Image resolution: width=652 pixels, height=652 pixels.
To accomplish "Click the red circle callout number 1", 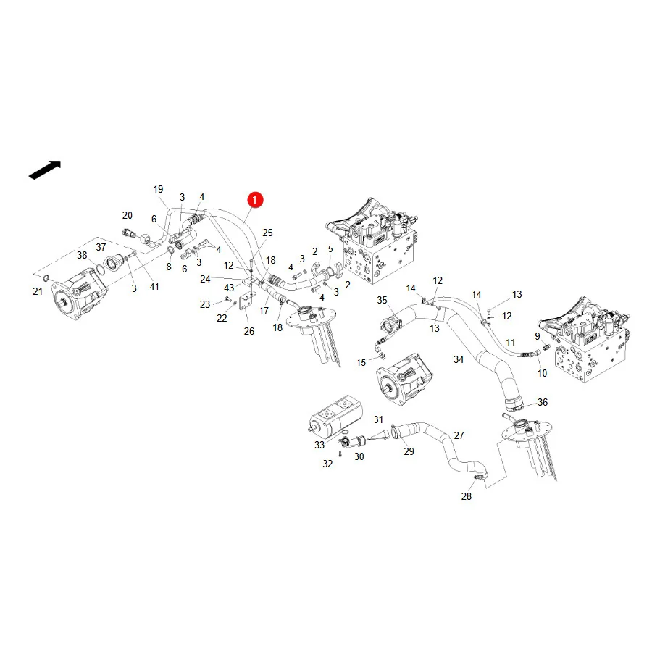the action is (x=255, y=200).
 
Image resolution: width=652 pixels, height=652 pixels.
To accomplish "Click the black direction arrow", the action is (x=45, y=170).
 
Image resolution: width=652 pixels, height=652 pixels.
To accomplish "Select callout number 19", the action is (x=158, y=190).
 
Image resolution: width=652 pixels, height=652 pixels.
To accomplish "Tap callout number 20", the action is (x=128, y=215).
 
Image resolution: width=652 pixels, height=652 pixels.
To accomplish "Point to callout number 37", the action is (x=101, y=247).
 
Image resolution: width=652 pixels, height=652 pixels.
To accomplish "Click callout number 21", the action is (x=38, y=291).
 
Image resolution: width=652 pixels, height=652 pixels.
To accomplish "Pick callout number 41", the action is (x=154, y=286).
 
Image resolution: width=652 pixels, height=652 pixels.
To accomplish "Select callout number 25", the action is (x=267, y=233).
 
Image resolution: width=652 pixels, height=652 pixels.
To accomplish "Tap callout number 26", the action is (x=249, y=331).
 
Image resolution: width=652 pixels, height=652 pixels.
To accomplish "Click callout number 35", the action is (x=382, y=300).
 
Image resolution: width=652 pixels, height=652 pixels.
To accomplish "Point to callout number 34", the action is (x=459, y=359).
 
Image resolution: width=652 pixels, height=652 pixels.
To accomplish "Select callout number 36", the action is (x=542, y=402).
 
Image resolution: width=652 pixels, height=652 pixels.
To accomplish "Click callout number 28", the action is (x=466, y=496).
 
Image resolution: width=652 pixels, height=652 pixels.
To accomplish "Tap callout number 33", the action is (x=319, y=445).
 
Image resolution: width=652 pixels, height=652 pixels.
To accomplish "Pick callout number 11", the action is (x=510, y=342).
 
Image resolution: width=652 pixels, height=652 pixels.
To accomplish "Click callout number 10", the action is (x=542, y=373).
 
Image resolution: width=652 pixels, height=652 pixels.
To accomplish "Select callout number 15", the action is (x=361, y=363).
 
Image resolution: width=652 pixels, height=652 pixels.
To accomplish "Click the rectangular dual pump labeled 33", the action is (x=336, y=415).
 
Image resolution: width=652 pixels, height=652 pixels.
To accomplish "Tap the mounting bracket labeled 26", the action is (x=248, y=300).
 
